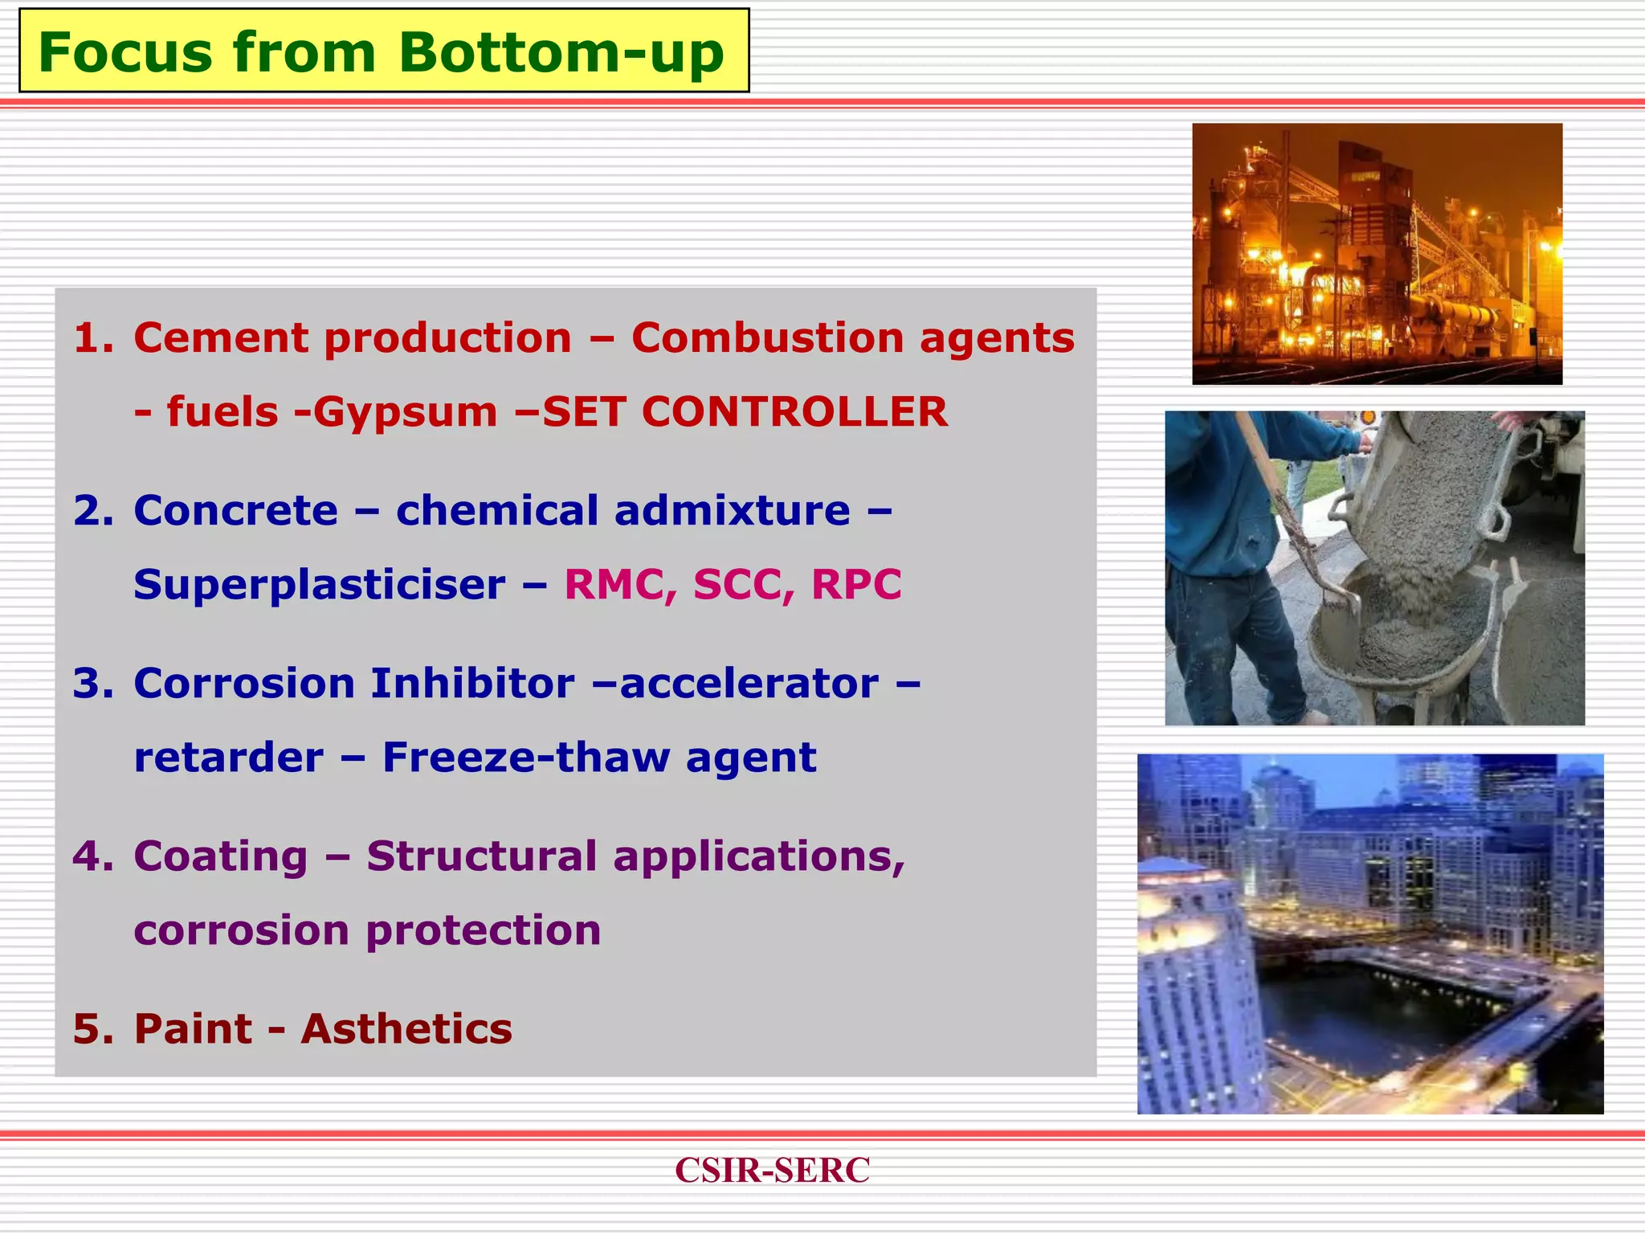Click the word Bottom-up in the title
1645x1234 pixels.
(x=561, y=53)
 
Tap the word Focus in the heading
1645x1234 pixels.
(x=127, y=53)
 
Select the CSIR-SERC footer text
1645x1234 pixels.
(x=772, y=1170)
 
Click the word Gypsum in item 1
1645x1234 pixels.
(x=405, y=412)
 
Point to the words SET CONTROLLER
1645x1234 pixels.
(x=745, y=412)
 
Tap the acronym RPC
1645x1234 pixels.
(x=856, y=585)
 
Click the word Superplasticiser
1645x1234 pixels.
(x=320, y=585)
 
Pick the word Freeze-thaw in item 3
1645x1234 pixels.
(x=525, y=758)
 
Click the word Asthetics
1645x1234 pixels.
(x=406, y=1029)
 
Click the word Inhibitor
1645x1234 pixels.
(x=472, y=684)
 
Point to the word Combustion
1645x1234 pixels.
(x=767, y=338)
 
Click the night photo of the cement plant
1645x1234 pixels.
(x=1377, y=254)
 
